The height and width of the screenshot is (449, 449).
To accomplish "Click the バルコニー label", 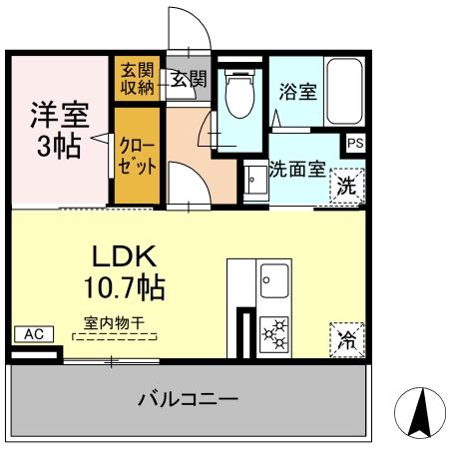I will point(190,400).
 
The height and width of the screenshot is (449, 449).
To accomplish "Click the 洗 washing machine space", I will point(344,185).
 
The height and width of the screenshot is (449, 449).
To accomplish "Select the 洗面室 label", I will point(297,169).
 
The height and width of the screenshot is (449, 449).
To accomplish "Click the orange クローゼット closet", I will point(135,157).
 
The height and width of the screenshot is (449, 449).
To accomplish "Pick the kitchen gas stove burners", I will point(273,334).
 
